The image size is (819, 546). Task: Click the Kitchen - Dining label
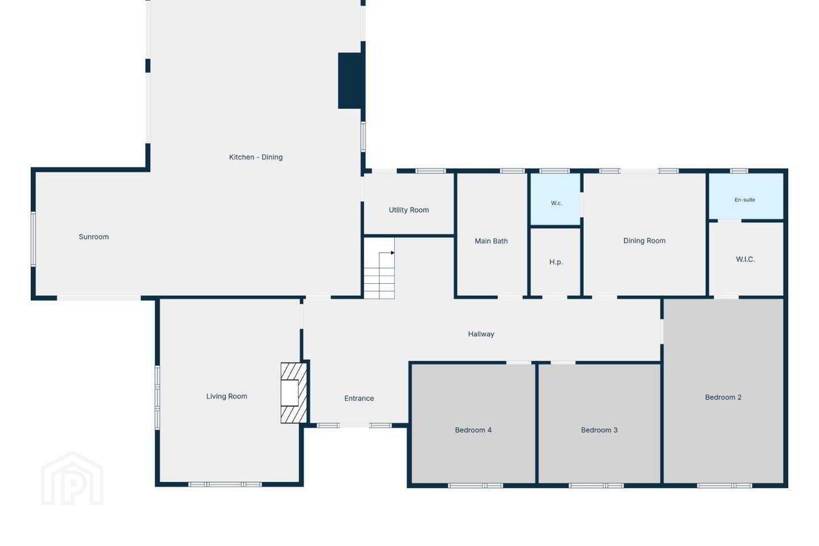point(255,157)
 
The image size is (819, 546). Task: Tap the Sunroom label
point(94,237)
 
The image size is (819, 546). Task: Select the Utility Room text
point(409,210)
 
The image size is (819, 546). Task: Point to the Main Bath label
point(491,241)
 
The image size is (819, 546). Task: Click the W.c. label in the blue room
point(556,203)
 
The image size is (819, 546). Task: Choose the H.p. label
point(556,262)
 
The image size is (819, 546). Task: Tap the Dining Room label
point(644,241)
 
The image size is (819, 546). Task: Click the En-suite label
point(745,200)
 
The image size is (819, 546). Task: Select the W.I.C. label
point(745,259)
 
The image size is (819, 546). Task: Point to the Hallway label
point(481,334)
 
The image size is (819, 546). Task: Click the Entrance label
point(359,398)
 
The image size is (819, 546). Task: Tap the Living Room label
point(227,396)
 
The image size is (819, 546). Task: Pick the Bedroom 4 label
point(473,430)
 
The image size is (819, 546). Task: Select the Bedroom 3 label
point(599,430)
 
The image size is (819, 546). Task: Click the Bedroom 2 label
point(723,397)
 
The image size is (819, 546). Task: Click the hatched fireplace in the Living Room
point(293,393)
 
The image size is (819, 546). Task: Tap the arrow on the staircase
point(386,253)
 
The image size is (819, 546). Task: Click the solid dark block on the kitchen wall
point(351,81)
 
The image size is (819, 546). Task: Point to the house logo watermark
point(72,478)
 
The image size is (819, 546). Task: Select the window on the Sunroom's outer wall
point(33,239)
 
